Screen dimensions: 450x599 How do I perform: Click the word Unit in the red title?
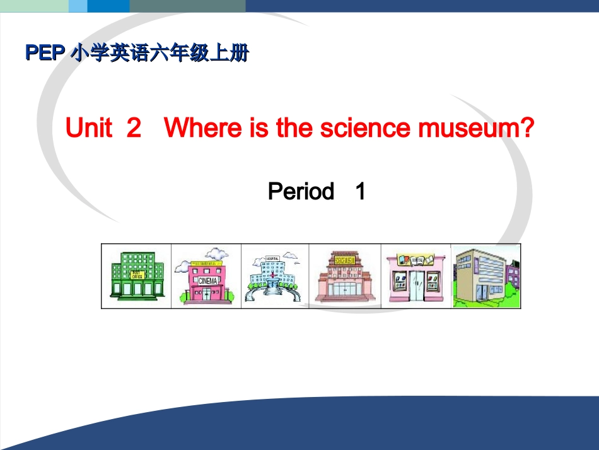89,129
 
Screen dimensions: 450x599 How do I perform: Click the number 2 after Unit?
134,129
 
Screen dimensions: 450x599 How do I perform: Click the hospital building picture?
274,278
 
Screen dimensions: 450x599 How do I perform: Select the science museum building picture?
344,278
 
